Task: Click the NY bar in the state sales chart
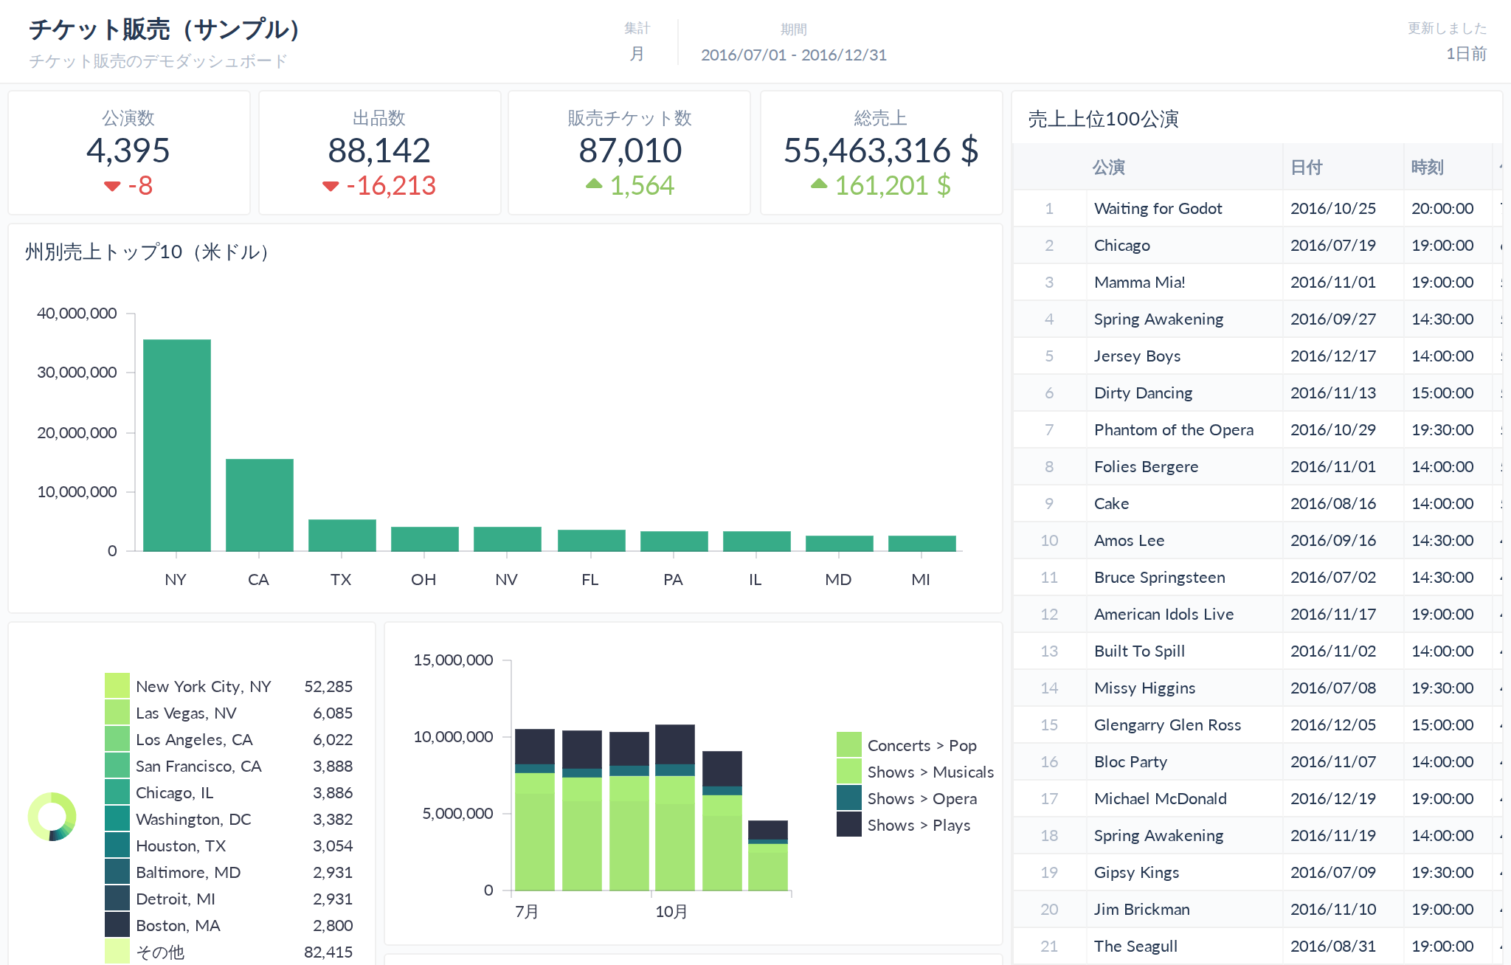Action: [177, 445]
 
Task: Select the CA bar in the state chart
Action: [260, 505]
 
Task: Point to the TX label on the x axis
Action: [341, 580]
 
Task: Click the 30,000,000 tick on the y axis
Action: [77, 373]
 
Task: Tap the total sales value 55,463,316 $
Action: [881, 151]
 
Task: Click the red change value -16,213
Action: [391, 186]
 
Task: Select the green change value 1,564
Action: [642, 186]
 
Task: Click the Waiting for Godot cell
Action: [1158, 209]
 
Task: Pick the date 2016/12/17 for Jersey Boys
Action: [1333, 356]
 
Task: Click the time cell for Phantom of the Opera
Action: [1442, 430]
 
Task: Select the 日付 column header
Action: [1306, 167]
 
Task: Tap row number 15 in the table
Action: [1049, 725]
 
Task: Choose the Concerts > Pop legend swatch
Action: [849, 744]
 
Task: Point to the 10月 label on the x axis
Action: [671, 912]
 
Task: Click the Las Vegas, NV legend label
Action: [186, 713]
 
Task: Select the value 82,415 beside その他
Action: [328, 952]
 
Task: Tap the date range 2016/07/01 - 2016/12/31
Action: [794, 55]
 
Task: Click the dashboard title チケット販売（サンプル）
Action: [164, 30]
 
